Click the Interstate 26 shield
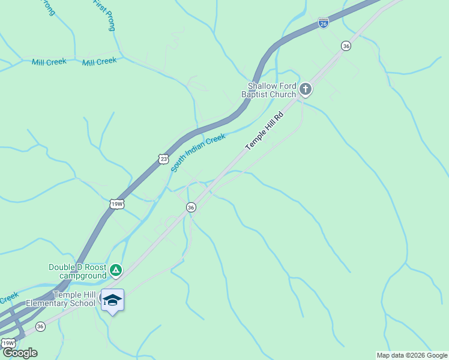click(323, 23)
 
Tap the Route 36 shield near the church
click(345, 46)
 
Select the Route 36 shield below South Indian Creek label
click(191, 207)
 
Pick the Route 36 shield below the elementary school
click(40, 326)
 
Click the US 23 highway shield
click(163, 158)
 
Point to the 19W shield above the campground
click(117, 204)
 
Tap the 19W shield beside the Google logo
click(8, 343)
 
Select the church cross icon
click(306, 90)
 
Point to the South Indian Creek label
click(198, 153)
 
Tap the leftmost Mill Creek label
click(49, 62)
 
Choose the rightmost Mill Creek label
click(99, 61)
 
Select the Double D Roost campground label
click(77, 271)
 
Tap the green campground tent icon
click(116, 271)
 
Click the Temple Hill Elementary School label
click(74, 299)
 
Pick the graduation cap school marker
click(112, 299)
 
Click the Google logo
click(19, 352)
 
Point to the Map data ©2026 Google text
click(412, 355)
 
